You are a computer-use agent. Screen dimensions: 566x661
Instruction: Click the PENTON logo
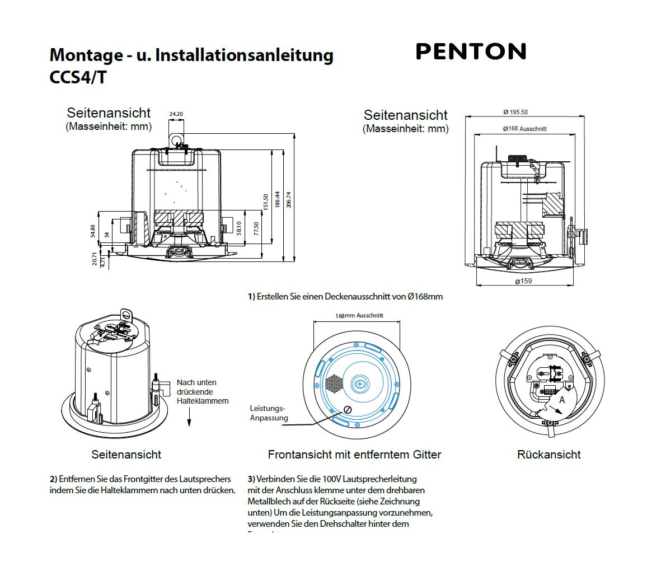point(471,52)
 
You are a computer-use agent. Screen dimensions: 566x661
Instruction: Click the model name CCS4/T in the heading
point(78,77)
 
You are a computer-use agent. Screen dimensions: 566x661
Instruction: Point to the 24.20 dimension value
point(176,114)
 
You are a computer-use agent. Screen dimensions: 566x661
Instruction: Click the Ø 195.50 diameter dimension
point(515,112)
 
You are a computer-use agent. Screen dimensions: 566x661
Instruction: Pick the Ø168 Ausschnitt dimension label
point(524,129)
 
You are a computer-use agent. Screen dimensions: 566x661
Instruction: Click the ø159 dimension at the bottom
point(523,280)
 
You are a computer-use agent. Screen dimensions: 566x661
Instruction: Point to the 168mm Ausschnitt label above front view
point(359,315)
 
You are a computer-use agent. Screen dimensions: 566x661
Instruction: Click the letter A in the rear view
point(562,400)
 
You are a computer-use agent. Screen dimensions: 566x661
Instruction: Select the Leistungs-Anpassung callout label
point(269,413)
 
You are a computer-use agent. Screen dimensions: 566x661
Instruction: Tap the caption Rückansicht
point(549,455)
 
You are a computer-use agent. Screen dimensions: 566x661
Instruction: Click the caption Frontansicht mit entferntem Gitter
point(354,455)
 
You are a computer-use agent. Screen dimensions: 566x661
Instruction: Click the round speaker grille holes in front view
point(334,383)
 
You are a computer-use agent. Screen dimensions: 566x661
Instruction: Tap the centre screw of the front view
point(359,384)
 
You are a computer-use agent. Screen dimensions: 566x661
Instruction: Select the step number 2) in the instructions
point(53,479)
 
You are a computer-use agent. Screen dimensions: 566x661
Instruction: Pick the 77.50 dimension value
point(256,228)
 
